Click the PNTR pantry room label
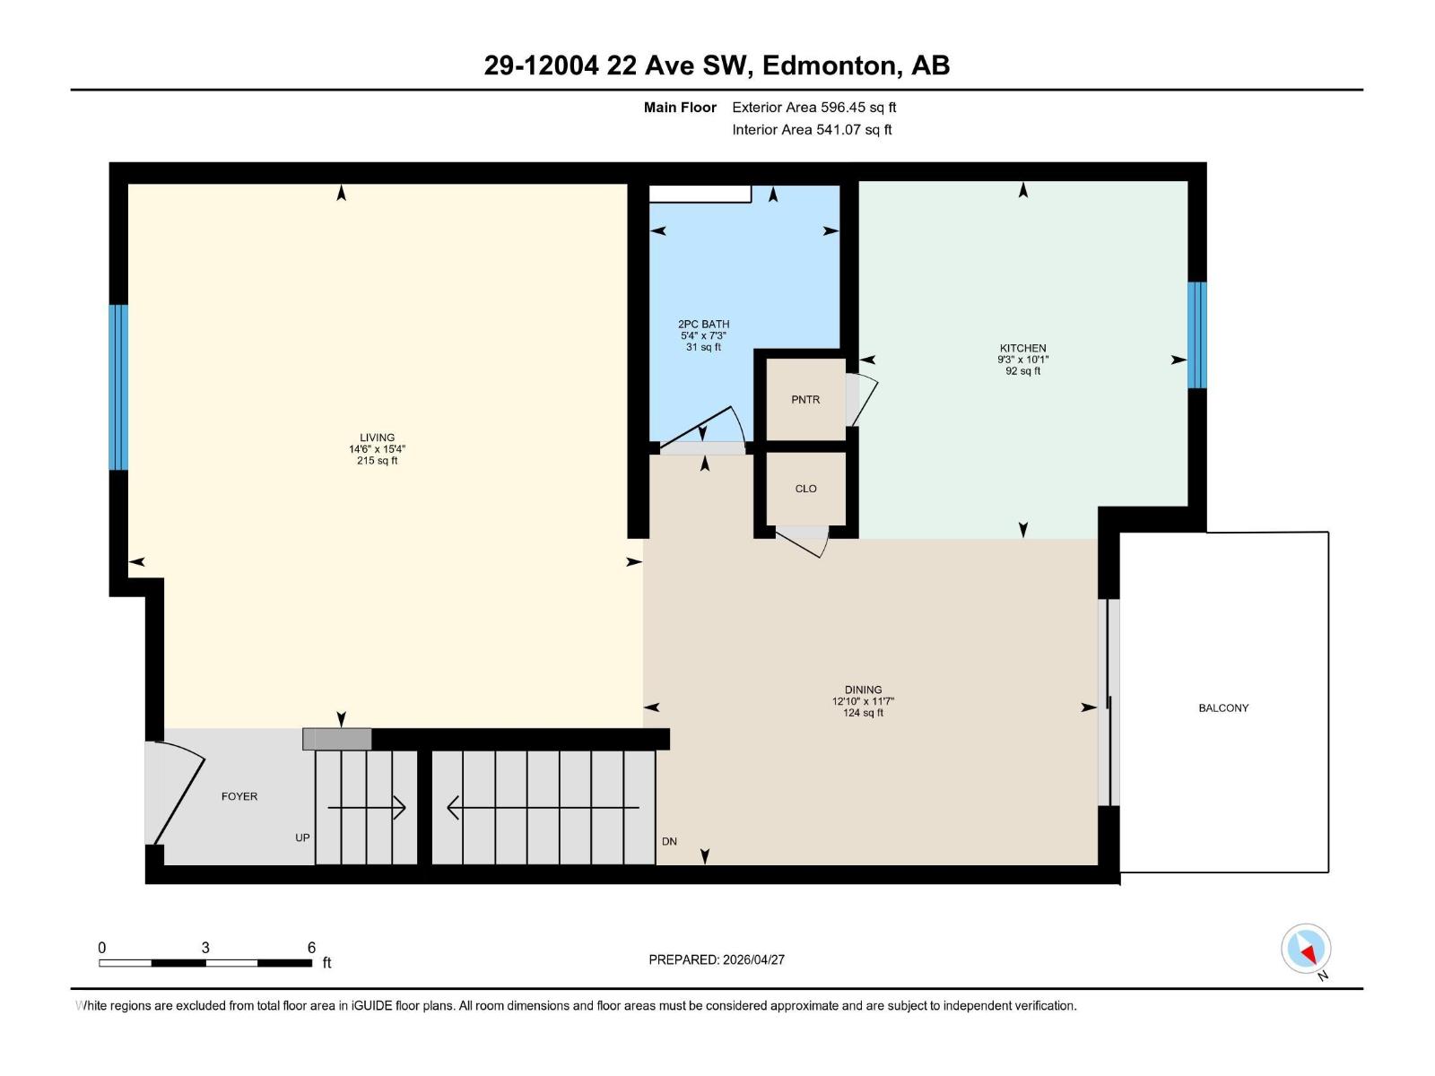pos(805,400)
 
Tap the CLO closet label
pos(805,489)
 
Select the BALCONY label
pos(1223,708)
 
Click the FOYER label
pos(239,796)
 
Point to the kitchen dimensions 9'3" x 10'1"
pos(1022,360)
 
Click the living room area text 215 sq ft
pos(377,461)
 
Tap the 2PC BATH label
pos(703,325)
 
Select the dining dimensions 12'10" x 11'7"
pos(863,702)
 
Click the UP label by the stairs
pos(302,838)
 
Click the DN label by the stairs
pos(669,842)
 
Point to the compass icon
pos(1306,949)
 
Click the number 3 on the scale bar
pos(205,948)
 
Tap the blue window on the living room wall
pos(118,387)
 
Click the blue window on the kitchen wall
pos(1196,334)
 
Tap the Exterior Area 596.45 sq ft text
pos(813,108)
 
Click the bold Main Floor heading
pos(680,108)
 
